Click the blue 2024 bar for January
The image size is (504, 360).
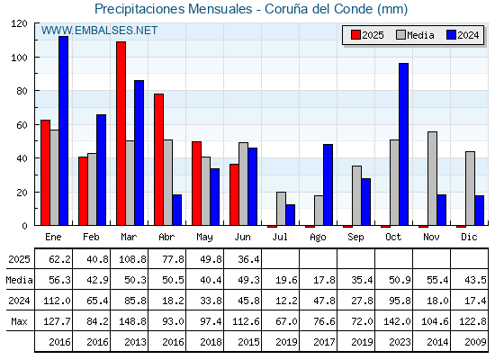pos(63,130)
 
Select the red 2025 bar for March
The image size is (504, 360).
pos(121,133)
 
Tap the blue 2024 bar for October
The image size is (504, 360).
pos(404,144)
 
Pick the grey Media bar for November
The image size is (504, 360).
pos(432,178)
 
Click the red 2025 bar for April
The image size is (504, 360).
pos(158,159)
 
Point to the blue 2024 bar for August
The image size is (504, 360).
pos(328,184)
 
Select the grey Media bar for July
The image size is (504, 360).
pos(281,209)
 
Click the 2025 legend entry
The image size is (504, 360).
pos(367,35)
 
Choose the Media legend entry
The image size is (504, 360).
pos(415,35)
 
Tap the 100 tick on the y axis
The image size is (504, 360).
pos(19,58)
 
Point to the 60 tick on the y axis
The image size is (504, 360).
pos(22,125)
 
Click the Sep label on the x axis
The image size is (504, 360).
pos(355,238)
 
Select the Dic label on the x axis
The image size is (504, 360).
pos(469,237)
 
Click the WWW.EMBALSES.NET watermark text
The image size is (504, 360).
pos(99,31)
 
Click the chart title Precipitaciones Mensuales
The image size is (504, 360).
pos(173,9)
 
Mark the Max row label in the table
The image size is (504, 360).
pos(19,321)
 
